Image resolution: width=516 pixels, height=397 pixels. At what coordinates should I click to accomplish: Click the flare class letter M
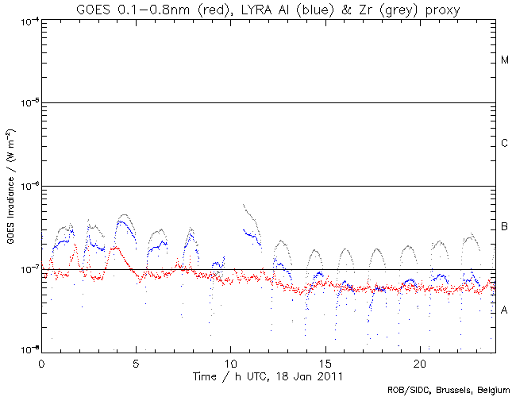coord(505,60)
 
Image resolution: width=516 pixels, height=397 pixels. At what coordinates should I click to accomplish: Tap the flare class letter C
coord(505,144)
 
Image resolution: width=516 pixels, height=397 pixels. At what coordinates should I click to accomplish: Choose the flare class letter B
coord(505,227)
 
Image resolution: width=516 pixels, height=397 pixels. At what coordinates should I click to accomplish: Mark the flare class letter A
coord(505,310)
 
